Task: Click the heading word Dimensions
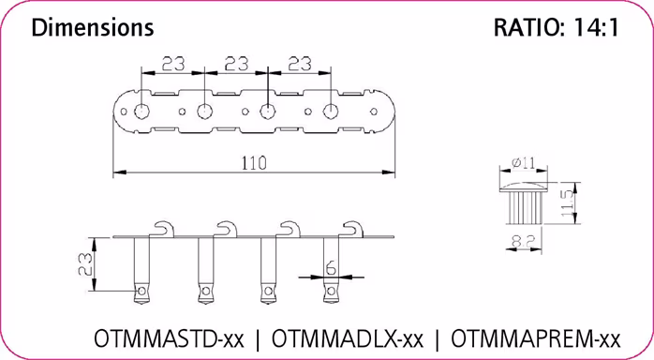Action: pos(92,28)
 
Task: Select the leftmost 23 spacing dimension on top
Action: pos(171,66)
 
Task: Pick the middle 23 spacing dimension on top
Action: pos(235,66)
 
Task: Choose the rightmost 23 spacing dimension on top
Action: pos(299,66)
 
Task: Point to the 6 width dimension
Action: pos(331,267)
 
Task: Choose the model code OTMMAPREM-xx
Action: pos(535,337)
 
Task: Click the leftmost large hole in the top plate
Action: pos(141,112)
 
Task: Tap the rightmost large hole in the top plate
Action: pos(331,112)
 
